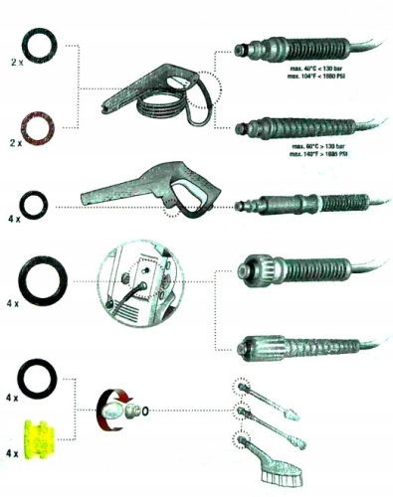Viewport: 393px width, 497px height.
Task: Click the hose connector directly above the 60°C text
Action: click(298, 126)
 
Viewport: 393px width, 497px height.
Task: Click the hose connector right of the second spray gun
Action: click(298, 207)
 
